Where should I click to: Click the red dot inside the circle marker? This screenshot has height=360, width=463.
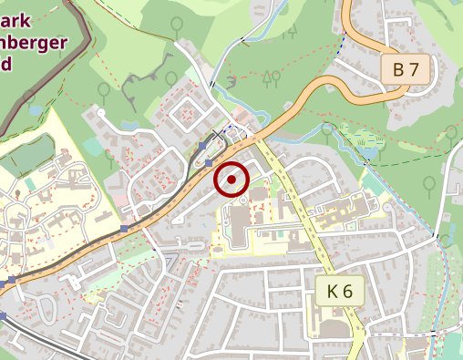coord(231,180)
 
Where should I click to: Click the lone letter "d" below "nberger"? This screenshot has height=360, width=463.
coord(7,64)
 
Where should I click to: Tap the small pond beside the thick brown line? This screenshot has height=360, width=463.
coord(35,110)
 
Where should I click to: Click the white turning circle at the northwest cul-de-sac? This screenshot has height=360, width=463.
coord(101,113)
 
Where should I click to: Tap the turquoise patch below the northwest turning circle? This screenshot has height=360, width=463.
coord(93,146)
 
